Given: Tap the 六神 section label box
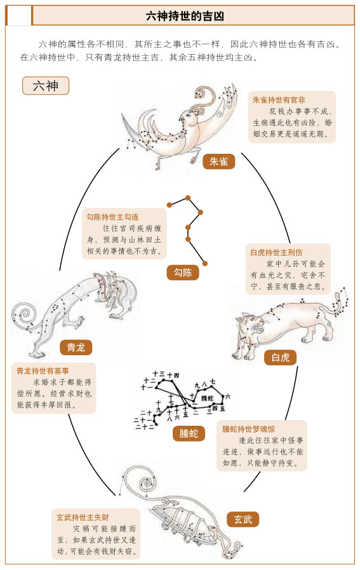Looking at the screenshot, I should (46, 85).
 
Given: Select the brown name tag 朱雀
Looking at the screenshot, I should (218, 161).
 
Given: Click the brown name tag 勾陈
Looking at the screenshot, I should (182, 273).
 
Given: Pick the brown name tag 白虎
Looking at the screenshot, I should (280, 357).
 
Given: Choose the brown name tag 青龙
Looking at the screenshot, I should (76, 347).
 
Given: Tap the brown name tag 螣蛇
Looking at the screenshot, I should (189, 434).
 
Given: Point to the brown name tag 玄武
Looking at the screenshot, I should (243, 519).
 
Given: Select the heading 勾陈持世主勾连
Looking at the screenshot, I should (112, 217).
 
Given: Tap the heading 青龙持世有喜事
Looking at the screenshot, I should (43, 370).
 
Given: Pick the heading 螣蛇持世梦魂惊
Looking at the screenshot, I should (248, 429).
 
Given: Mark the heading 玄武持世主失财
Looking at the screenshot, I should (83, 517).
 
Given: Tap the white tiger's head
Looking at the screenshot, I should (245, 330).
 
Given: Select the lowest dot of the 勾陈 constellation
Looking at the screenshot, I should (205, 262).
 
